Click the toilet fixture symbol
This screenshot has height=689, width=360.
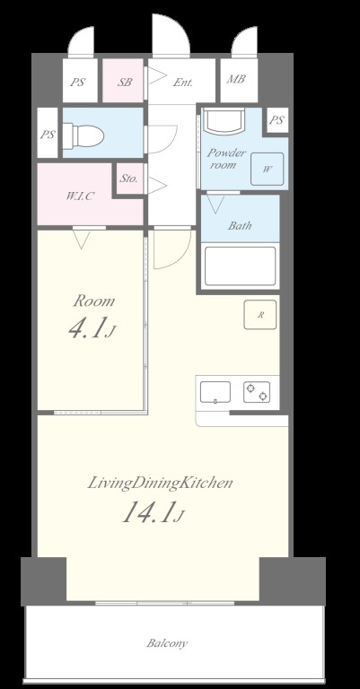click(83, 135)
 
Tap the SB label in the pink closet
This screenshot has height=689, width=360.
click(125, 83)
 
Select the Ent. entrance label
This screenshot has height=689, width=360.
click(183, 83)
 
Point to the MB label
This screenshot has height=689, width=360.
click(236, 79)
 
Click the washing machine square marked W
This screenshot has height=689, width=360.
click(268, 170)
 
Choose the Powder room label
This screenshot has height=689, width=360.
click(226, 159)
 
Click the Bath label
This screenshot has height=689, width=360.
click(240, 226)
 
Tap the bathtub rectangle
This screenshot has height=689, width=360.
click(241, 266)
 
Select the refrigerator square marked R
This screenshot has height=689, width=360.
click(260, 315)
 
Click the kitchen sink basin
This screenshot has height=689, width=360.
click(215, 392)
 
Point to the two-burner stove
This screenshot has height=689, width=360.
click(257, 392)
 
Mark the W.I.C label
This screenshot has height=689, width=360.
click(80, 196)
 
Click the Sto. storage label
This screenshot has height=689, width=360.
click(129, 179)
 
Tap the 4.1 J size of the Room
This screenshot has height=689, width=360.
click(92, 329)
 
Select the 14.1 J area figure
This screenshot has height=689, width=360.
click(152, 513)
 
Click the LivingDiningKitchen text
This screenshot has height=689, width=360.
click(160, 484)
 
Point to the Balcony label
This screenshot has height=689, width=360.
click(167, 644)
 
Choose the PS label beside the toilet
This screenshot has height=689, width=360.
click(48, 135)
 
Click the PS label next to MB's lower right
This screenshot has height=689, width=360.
click(277, 120)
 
